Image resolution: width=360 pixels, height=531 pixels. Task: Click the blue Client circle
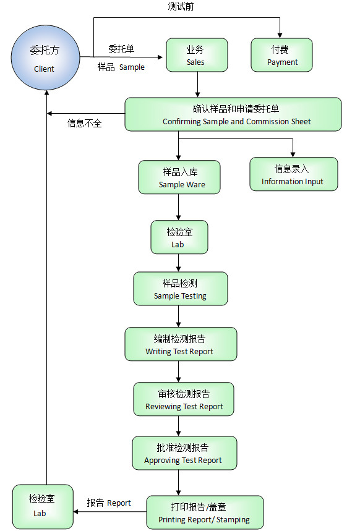[45, 58]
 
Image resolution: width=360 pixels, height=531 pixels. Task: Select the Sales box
[196, 55]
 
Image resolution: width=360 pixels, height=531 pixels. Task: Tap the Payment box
[281, 55]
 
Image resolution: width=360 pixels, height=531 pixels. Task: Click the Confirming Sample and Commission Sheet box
[233, 114]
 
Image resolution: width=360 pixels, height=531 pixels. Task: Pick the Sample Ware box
[179, 177]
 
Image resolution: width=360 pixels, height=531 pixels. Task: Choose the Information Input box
[293, 174]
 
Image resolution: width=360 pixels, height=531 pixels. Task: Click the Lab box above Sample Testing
[179, 237]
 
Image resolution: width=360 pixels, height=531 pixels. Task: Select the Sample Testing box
[180, 289]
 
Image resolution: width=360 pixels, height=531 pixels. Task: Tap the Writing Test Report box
[180, 344]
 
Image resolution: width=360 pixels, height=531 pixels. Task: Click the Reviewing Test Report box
[184, 399]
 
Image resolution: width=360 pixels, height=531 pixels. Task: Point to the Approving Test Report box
[184, 453]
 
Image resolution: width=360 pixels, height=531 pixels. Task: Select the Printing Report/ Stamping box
[205, 512]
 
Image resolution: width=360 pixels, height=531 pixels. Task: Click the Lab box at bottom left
[42, 507]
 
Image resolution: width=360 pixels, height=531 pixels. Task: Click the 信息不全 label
[84, 123]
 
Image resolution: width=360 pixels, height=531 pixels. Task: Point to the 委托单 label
[121, 49]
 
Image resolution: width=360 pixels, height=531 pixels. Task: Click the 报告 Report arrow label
[109, 503]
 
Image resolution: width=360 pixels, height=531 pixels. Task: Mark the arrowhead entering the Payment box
[280, 35]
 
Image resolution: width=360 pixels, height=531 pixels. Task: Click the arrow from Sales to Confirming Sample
[197, 85]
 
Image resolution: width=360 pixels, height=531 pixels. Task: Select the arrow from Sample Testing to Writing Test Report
[179, 316]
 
